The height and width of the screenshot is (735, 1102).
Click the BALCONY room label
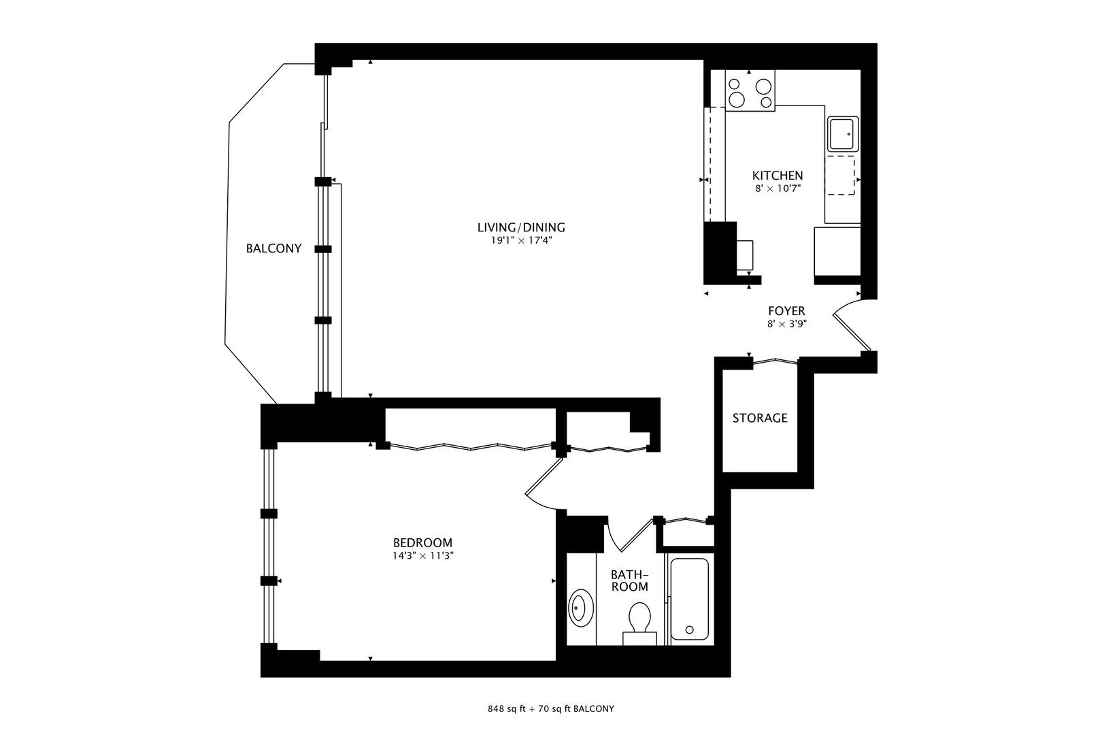click(x=273, y=248)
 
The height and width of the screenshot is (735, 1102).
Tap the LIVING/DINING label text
click(x=521, y=227)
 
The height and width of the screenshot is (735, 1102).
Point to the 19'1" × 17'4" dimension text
click(x=521, y=241)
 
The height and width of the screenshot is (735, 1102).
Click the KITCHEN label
click(x=778, y=176)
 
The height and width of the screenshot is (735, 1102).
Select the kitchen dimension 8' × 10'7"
click(x=778, y=189)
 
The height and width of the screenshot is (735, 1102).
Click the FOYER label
click(x=786, y=311)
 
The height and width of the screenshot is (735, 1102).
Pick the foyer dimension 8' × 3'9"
click(x=787, y=324)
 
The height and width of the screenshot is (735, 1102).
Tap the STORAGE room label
click(x=760, y=418)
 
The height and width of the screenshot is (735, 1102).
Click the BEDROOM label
click(x=422, y=543)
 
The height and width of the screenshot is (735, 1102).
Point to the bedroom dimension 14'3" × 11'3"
click(x=422, y=556)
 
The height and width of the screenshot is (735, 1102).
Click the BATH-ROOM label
click(x=630, y=581)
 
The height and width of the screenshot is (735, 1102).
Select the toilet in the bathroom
click(x=639, y=624)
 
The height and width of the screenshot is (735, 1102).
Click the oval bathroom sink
click(x=581, y=608)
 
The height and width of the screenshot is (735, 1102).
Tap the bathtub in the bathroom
click(x=689, y=599)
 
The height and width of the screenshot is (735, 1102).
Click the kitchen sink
click(x=843, y=134)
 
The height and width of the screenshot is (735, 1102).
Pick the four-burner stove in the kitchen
click(x=750, y=91)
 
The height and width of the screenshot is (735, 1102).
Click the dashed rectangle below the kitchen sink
click(x=840, y=176)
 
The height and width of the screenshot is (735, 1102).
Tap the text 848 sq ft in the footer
click(x=507, y=709)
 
